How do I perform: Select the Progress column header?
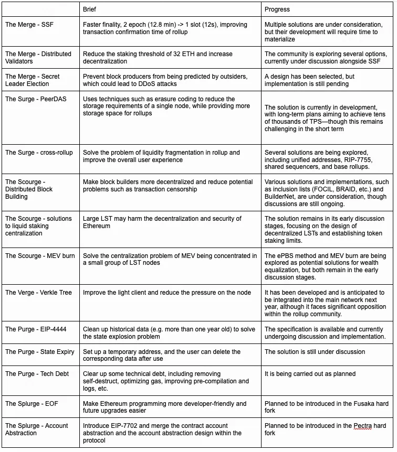click(x=277, y=9)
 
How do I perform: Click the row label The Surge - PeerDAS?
click(x=36, y=99)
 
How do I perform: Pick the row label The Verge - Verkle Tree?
click(x=39, y=293)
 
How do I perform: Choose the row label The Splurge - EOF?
click(x=34, y=404)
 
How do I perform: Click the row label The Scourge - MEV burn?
click(x=40, y=256)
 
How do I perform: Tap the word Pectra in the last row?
click(x=362, y=426)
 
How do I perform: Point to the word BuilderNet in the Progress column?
click(x=283, y=197)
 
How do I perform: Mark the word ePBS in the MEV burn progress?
click(x=287, y=256)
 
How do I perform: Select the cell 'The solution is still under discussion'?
click(x=315, y=352)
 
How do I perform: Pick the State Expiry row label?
click(x=40, y=352)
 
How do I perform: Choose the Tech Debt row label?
click(x=37, y=374)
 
